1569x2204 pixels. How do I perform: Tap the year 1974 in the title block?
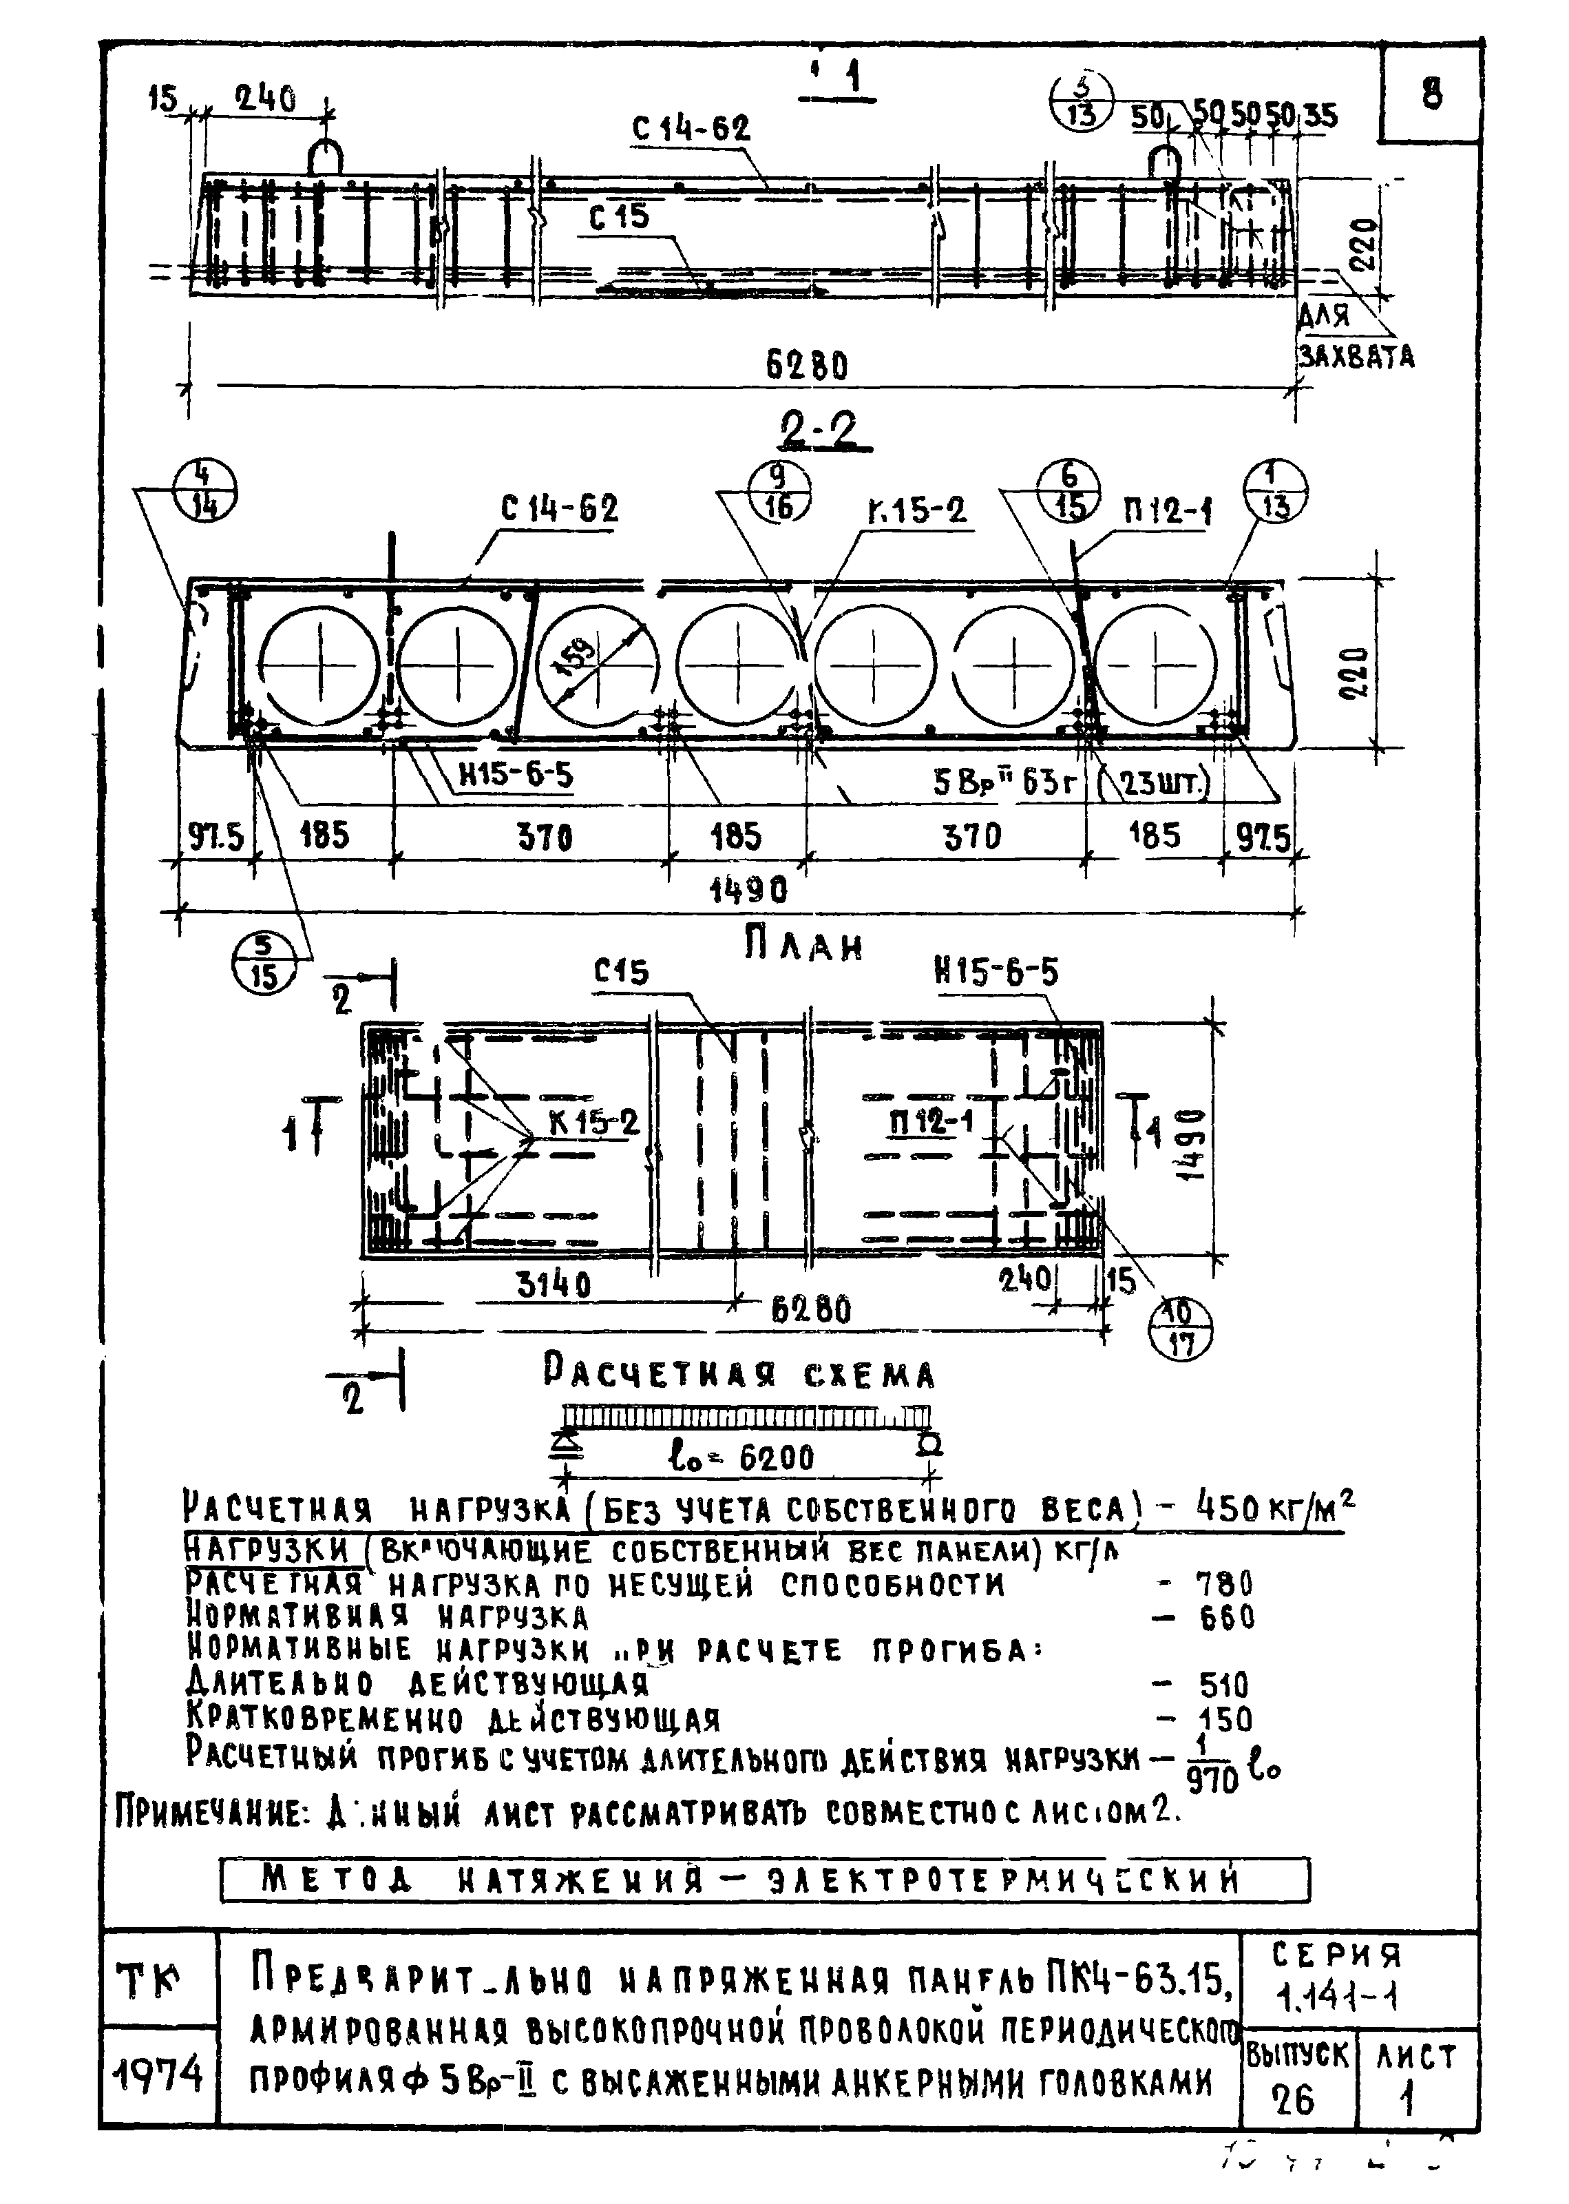(158, 2074)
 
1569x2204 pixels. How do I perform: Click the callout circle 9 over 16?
(779, 492)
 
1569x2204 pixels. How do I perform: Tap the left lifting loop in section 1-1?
(326, 156)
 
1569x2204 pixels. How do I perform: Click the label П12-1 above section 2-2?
(1166, 511)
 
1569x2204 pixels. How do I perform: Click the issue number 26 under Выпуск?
(1294, 2099)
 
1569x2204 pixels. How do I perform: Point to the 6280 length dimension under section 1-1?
(807, 365)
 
